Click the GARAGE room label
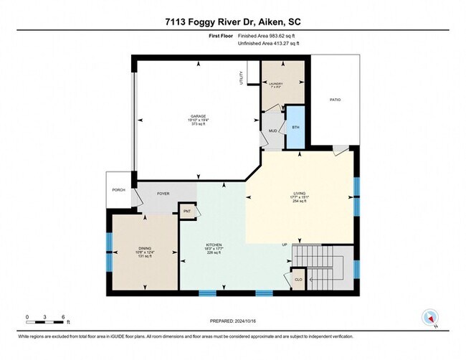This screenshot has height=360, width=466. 198,116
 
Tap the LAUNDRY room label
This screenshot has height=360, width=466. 277,84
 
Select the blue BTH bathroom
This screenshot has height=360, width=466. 295,127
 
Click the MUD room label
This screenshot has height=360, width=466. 273,131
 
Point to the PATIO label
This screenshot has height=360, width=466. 335,100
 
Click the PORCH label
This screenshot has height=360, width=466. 118,191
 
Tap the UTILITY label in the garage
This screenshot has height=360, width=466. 242,78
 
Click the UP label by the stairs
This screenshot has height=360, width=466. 285,245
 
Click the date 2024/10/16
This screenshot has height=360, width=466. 250,322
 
